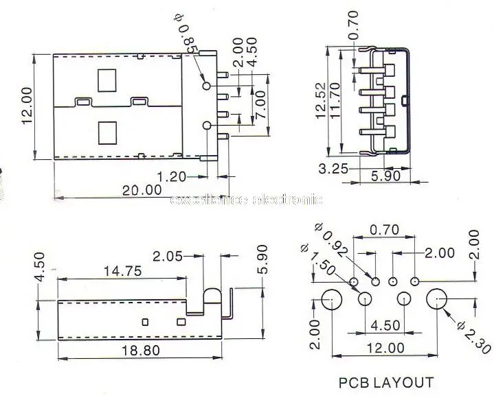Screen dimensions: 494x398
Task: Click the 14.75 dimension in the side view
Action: [122, 270]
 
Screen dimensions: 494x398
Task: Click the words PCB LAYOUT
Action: [386, 382]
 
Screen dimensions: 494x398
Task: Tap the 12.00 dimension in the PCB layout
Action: [386, 347]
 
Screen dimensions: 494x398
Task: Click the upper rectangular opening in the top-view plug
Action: [108, 80]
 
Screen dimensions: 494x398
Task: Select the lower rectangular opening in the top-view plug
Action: [108, 131]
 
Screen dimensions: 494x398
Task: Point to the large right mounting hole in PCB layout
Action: [438, 300]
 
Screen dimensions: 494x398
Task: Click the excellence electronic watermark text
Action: [245, 200]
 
